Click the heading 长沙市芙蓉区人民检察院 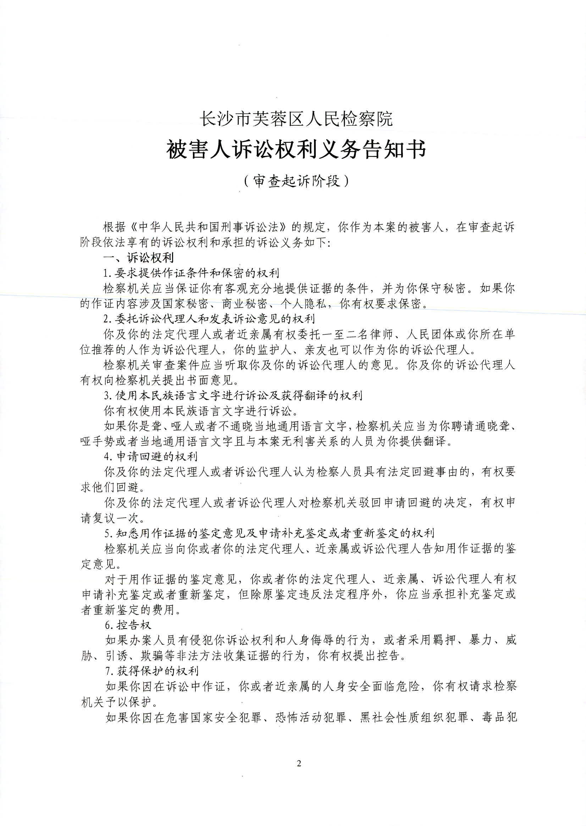296,119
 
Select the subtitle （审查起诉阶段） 296,181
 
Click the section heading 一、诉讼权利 139,257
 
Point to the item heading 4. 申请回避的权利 151,457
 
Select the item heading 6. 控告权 128,625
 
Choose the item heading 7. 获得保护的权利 152,671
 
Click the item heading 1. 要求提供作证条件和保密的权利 191,273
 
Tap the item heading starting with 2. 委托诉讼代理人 209,319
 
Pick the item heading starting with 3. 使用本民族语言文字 233,396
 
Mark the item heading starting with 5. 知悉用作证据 269,533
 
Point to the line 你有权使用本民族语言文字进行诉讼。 201,411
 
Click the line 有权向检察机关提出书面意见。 159,380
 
